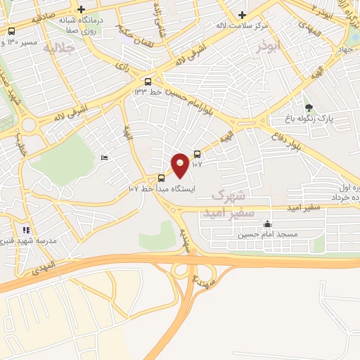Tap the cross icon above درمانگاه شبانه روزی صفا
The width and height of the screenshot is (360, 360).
pyautogui.click(x=82, y=10)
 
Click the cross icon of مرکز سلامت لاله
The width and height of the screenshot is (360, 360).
pyautogui.click(x=242, y=14)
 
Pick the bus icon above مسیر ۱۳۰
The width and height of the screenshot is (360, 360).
pyautogui.click(x=11, y=31)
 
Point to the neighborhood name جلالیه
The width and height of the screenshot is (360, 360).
pyautogui.click(x=59, y=49)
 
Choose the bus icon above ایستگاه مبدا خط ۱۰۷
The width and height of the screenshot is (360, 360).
pyautogui.click(x=162, y=178)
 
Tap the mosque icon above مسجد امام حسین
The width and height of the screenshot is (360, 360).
pyautogui.click(x=266, y=224)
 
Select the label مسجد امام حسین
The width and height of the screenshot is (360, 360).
pyautogui.click(x=266, y=234)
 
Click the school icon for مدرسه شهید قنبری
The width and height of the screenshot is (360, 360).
pyautogui.click(x=26, y=229)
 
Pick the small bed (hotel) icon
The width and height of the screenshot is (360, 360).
pyautogui.click(x=104, y=158)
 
